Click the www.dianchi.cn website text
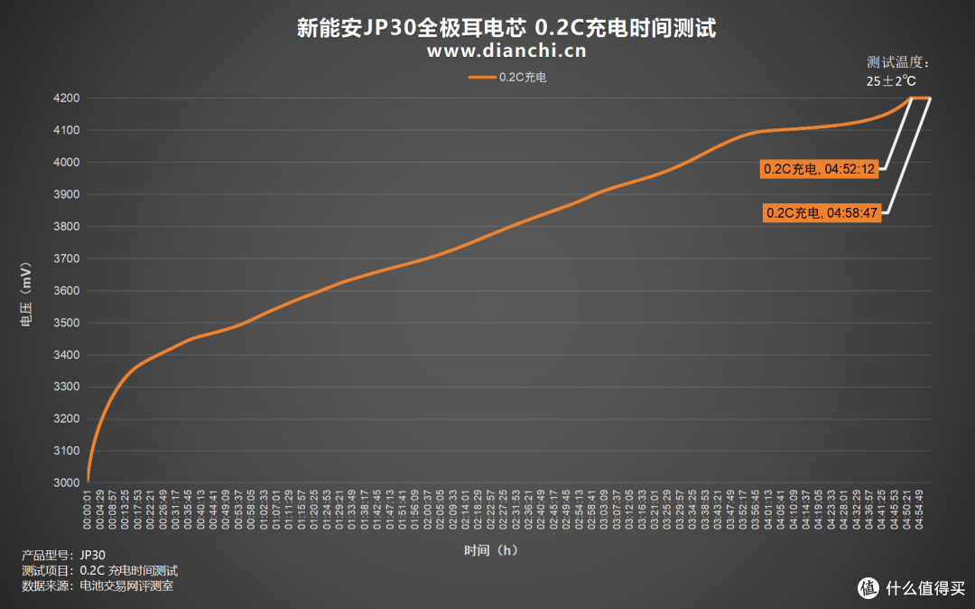coord(506,52)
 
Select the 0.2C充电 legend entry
coord(507,78)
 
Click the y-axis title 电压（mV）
coord(27,291)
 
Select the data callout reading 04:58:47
coord(821,213)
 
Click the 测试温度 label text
coord(896,62)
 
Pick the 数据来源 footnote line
coord(97,586)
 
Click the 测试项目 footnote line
coord(99,571)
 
